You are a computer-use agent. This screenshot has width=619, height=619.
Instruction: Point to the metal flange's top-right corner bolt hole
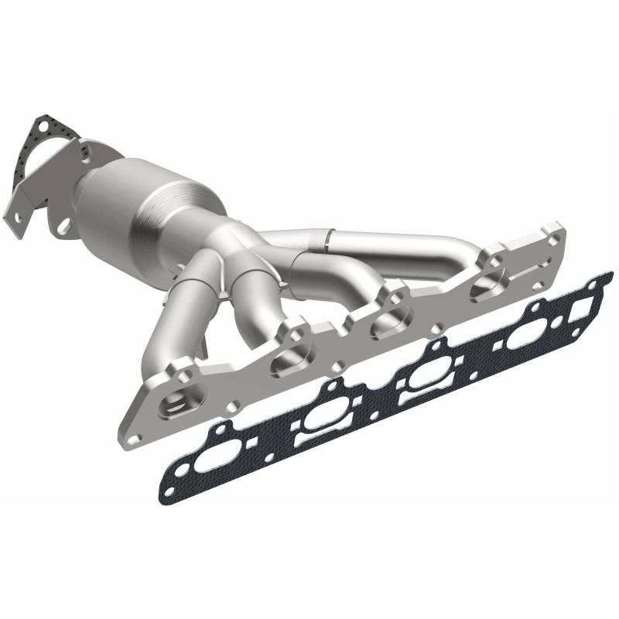pos(553,230)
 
